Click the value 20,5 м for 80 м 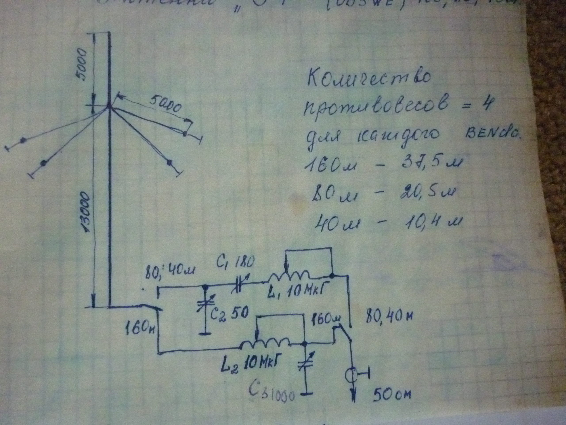pos(425,195)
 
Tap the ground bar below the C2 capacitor pos(205,334)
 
